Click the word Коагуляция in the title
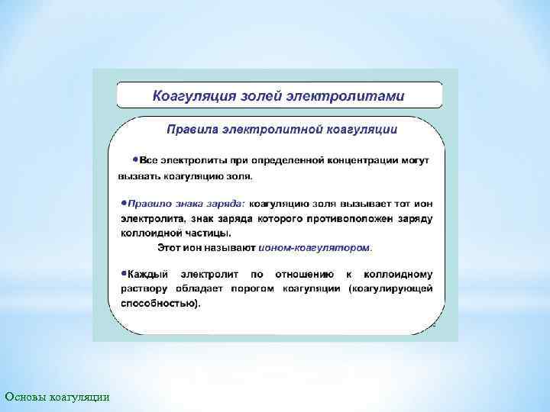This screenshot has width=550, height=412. (x=192, y=97)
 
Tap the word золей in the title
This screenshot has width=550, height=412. (x=261, y=97)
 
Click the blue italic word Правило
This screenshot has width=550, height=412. (x=149, y=204)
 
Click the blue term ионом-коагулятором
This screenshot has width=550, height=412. (x=315, y=248)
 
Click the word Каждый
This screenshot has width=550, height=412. (x=149, y=274)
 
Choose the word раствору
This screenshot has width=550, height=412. (x=141, y=288)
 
